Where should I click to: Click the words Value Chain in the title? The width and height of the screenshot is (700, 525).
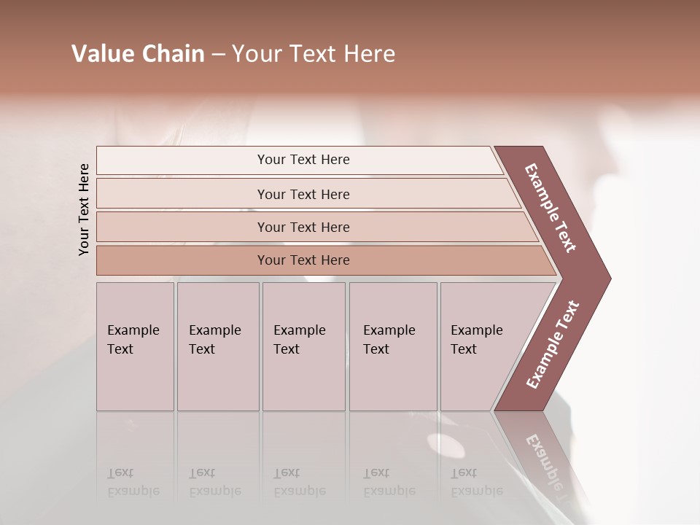pyautogui.click(x=138, y=54)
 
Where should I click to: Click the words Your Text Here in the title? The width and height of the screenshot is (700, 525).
pyautogui.click(x=314, y=54)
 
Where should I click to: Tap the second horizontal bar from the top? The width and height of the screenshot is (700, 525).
pyautogui.click(x=182, y=194)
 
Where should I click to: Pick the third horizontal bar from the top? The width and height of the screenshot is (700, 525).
pyautogui.click(x=182, y=227)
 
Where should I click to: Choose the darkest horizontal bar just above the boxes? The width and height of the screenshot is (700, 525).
pyautogui.click(x=182, y=260)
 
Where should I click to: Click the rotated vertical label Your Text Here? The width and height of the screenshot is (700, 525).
pyautogui.click(x=84, y=209)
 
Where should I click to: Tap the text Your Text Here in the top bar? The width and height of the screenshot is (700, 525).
pyautogui.click(x=303, y=160)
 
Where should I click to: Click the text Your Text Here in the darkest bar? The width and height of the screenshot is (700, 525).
pyautogui.click(x=303, y=260)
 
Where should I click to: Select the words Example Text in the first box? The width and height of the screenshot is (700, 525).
pyautogui.click(x=133, y=339)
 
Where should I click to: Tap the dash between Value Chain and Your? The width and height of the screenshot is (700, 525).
pyautogui.click(x=217, y=55)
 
